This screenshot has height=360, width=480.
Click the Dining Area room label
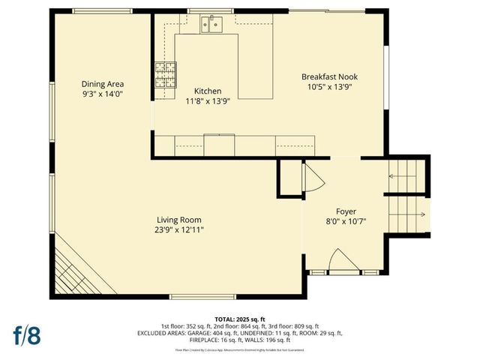tap(103, 84)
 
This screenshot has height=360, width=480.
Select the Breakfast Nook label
tap(331, 76)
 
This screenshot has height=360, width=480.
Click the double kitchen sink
tap(211, 26)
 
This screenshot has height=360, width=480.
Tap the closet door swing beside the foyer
tap(312, 178)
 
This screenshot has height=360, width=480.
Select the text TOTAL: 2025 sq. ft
tap(239, 318)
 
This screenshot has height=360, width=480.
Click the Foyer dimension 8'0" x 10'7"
tap(346, 222)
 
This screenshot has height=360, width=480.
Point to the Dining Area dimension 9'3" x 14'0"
tap(103, 94)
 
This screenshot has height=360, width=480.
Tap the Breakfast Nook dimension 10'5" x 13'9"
tap(331, 87)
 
